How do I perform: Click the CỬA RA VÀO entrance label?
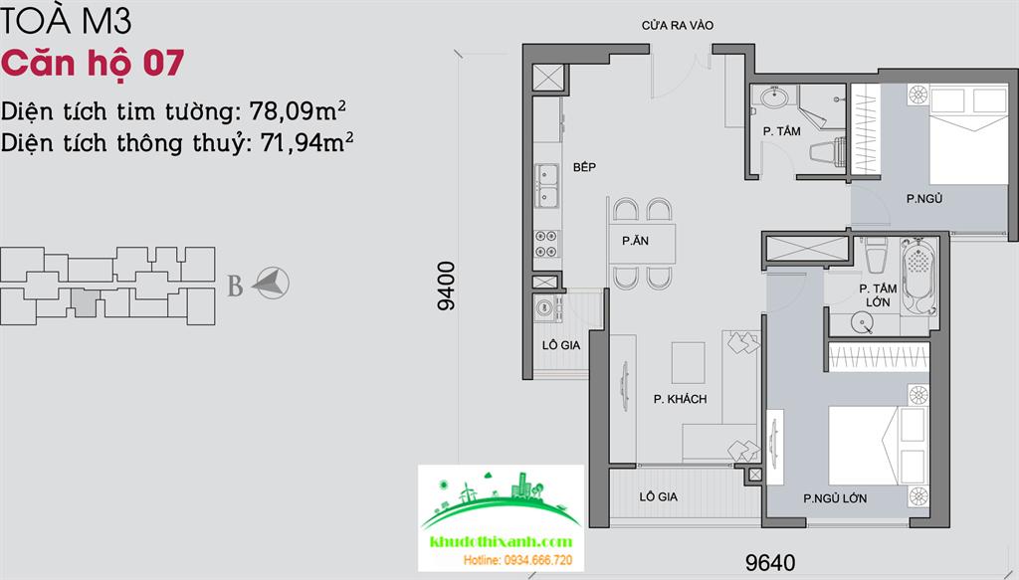(677, 25)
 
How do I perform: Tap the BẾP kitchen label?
(584, 167)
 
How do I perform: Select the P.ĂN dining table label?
(635, 241)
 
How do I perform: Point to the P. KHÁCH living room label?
(680, 400)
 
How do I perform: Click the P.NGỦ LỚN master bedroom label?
(835, 498)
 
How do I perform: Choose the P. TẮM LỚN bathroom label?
(878, 295)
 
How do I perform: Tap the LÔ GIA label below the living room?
(659, 496)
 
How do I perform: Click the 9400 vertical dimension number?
(447, 286)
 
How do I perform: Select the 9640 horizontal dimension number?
(770, 562)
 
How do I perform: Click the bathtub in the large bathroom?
(918, 276)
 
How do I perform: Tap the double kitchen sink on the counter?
(546, 186)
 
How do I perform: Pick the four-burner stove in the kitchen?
(546, 244)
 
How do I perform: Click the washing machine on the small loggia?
(548, 308)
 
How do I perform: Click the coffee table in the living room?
(689, 363)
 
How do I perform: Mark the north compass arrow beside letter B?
(271, 283)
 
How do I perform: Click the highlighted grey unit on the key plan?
(85, 302)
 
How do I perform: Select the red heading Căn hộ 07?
(93, 64)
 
